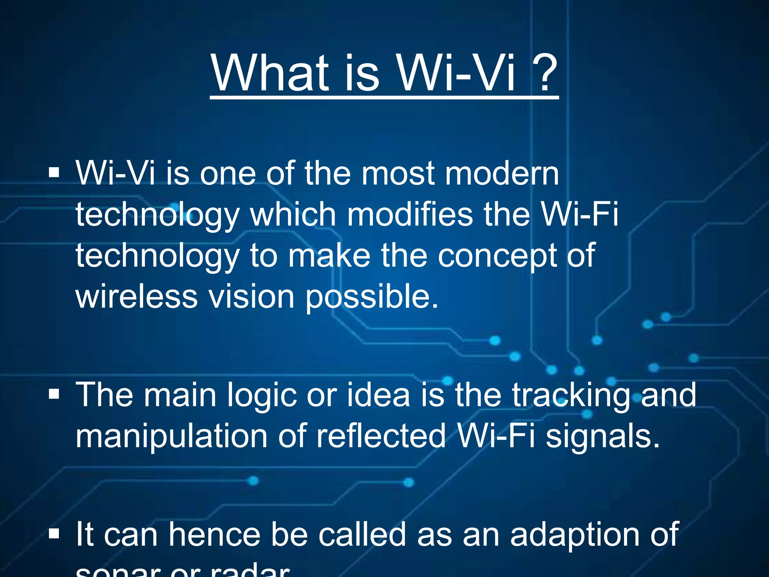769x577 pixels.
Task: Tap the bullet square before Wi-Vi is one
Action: coord(54,173)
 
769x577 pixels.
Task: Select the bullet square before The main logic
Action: coord(54,394)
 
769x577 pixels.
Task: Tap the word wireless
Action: coord(137,297)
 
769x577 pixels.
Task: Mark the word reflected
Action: coord(381,436)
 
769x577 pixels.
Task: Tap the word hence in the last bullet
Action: coord(214,534)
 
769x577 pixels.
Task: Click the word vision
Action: coord(251,297)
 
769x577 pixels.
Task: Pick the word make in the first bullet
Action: coord(329,255)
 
